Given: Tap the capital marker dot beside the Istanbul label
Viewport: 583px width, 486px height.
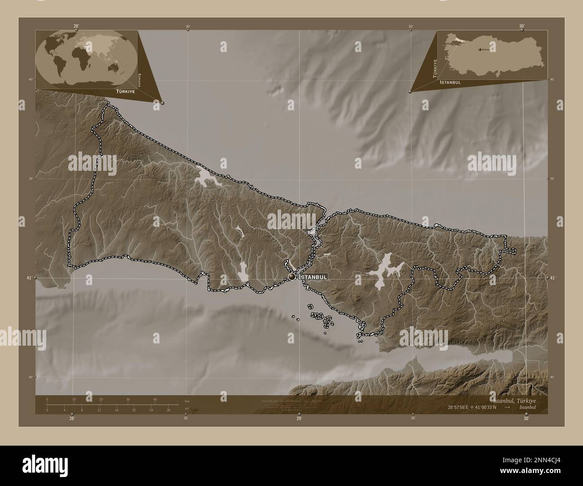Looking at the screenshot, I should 292,277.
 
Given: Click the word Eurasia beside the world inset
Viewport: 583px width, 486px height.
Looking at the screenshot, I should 140,80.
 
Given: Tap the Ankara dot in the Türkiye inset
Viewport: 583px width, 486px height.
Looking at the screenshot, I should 480,49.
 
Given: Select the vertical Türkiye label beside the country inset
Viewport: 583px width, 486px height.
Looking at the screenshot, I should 434,68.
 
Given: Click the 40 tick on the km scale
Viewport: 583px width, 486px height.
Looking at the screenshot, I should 155,399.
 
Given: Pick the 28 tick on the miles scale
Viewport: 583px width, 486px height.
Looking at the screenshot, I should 168,410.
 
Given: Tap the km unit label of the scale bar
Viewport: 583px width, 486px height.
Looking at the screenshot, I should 187,401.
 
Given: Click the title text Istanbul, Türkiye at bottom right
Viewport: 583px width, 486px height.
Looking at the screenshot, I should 513,400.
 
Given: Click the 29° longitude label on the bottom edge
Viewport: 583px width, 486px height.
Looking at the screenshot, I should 299,419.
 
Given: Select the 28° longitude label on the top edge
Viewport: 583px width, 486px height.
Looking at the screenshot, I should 77,26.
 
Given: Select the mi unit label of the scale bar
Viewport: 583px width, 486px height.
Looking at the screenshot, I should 186,408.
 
